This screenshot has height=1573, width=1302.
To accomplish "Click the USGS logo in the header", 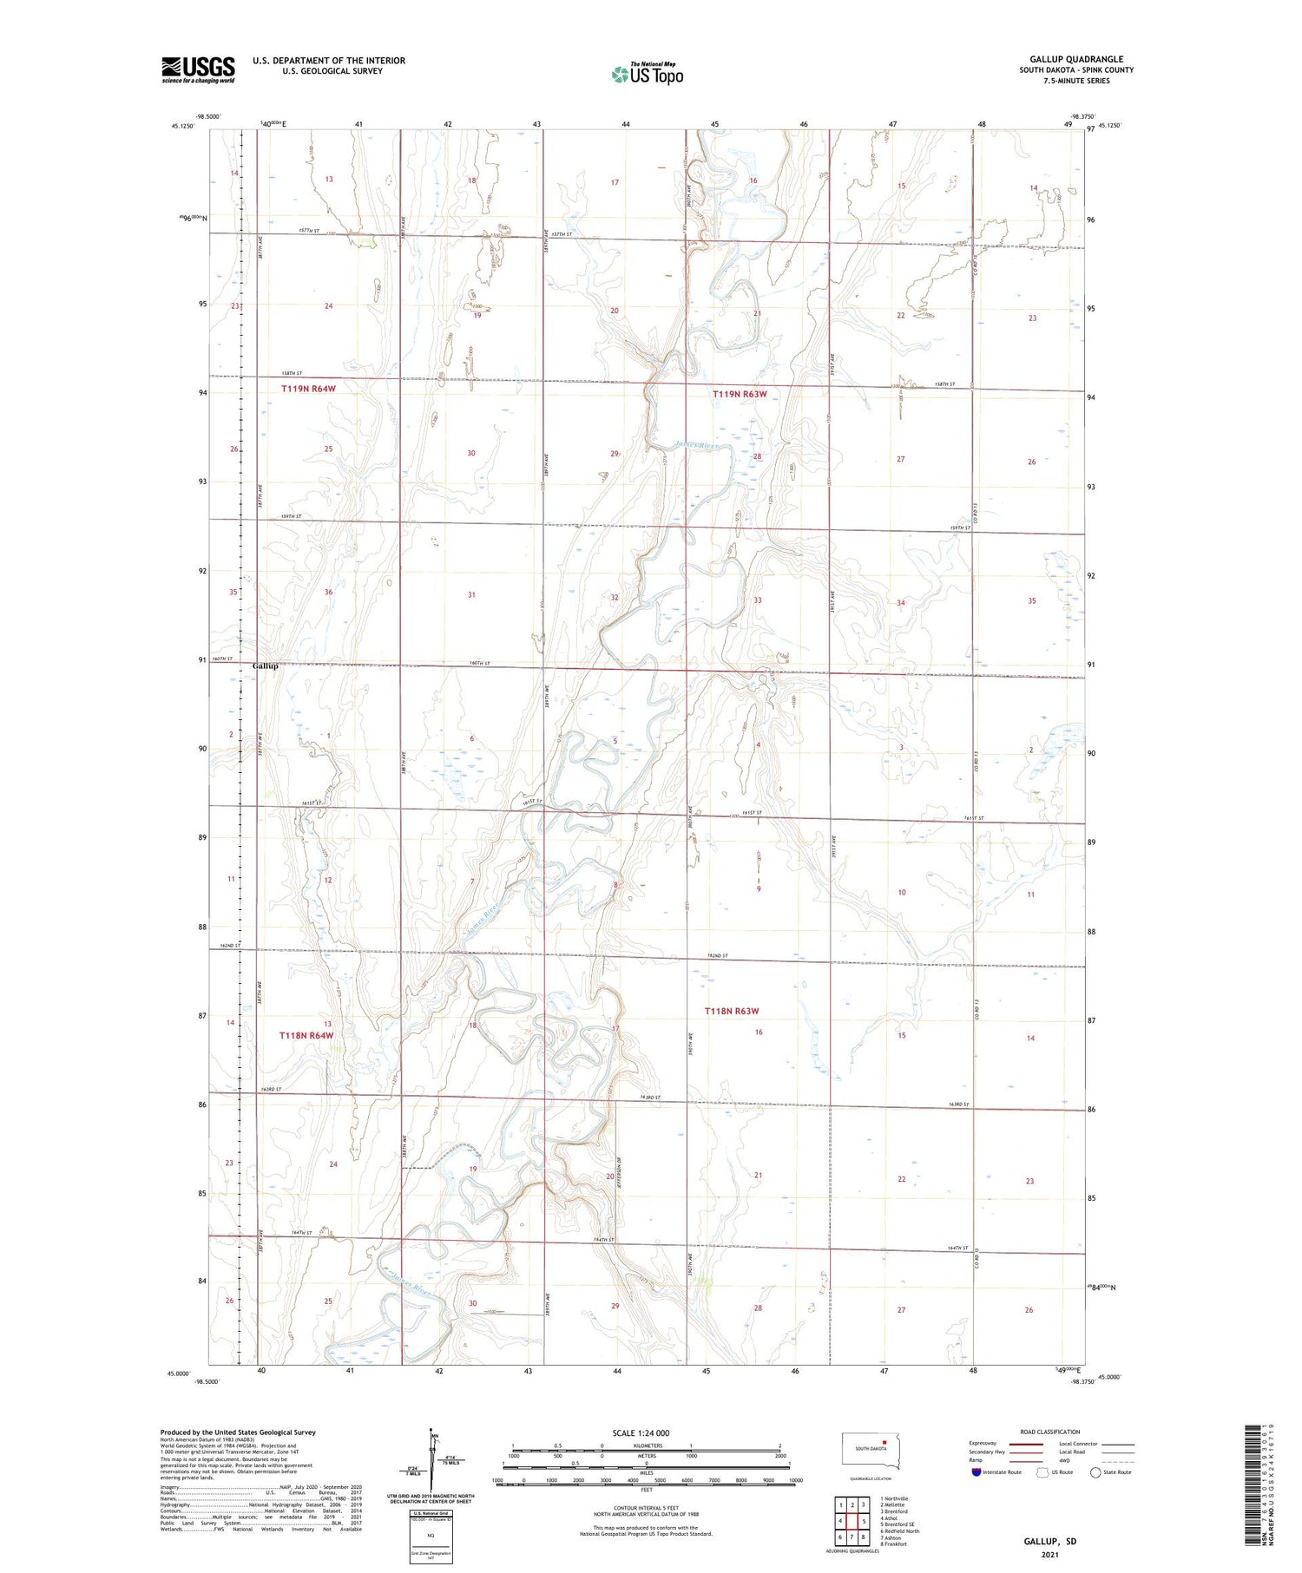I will [198, 69].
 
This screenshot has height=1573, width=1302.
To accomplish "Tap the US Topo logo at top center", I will [648, 75].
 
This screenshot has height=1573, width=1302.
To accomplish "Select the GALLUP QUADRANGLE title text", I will [1075, 60].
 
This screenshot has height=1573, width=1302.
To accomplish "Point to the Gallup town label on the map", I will [266, 666].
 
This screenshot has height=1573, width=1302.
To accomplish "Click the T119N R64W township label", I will [308, 389].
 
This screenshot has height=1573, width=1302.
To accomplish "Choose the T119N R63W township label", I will [740, 394].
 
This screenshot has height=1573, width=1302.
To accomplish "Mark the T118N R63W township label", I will [732, 1011].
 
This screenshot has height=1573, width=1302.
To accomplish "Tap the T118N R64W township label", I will [306, 1035].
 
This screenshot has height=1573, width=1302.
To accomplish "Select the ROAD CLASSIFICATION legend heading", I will [1050, 1432].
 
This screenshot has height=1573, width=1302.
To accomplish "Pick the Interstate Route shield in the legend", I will [976, 1471].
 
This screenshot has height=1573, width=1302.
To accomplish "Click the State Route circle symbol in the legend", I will [1095, 1471].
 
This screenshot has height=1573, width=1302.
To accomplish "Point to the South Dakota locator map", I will [871, 1451].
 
